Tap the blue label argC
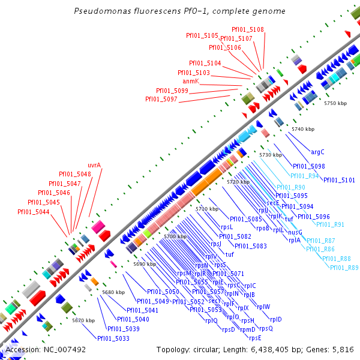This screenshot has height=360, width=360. point(317,152)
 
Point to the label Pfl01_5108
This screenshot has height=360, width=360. point(248,29)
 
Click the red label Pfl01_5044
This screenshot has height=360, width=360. point(34,212)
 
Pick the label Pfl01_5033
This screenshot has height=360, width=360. point(113,338)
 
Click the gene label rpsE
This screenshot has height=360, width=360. point(256,337)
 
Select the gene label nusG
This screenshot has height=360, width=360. point(295,232)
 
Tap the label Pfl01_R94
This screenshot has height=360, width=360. point(305,176)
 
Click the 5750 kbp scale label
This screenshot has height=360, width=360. point(335,104)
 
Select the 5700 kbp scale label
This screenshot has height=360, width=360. point(175,237)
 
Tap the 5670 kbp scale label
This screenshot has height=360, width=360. point(83,320)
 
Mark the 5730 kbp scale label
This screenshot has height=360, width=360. point(270,155)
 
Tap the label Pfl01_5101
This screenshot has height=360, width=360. point(340,179)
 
